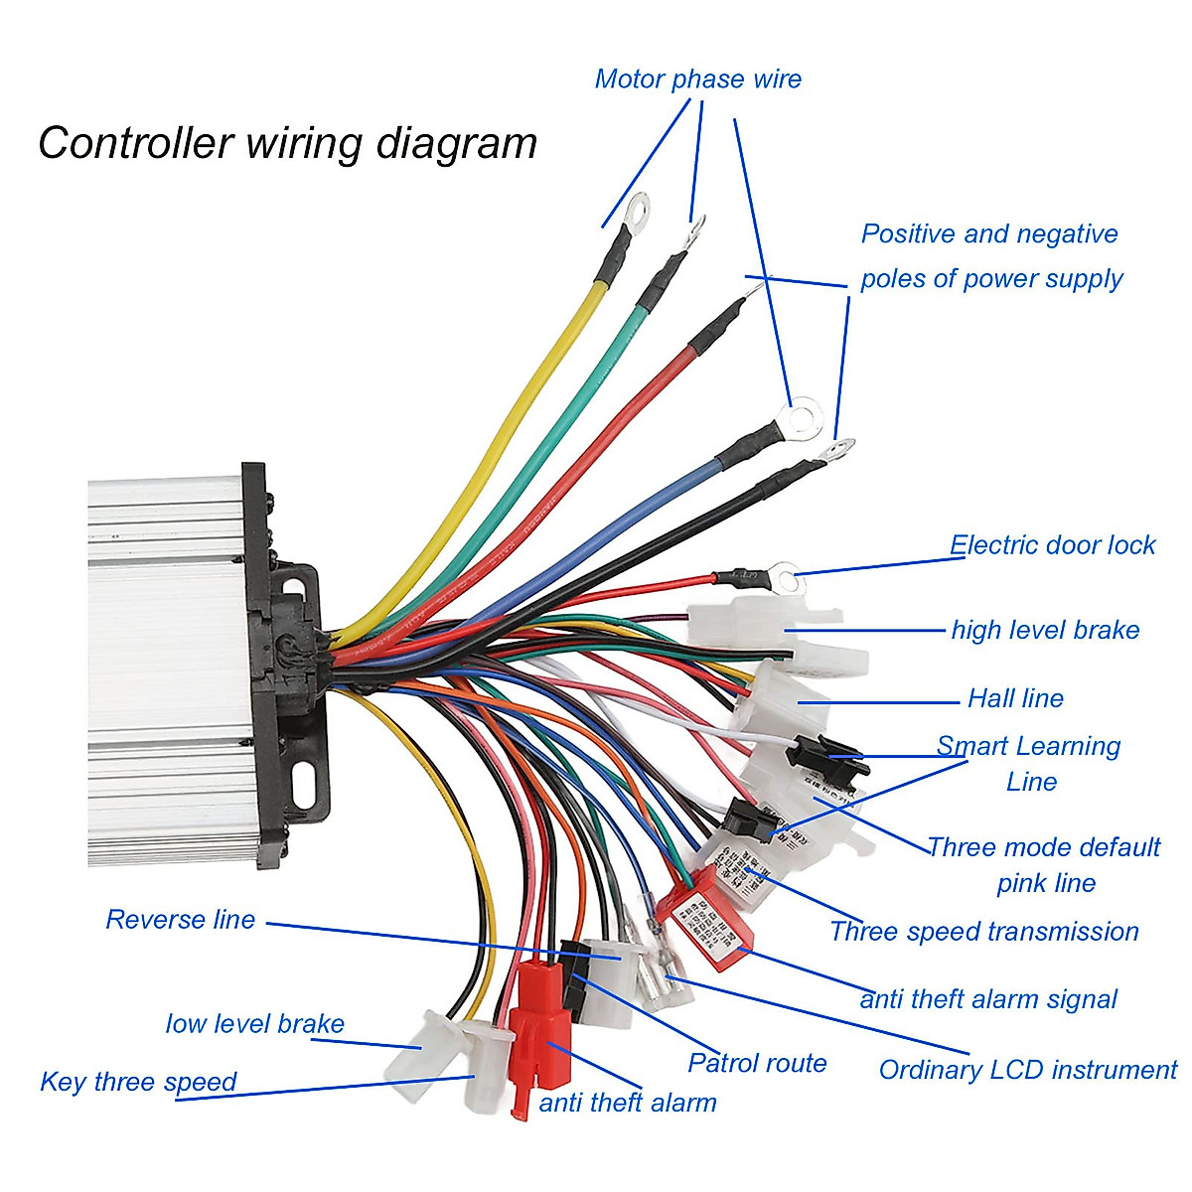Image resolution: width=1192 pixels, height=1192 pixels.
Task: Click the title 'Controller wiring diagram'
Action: coord(287,143)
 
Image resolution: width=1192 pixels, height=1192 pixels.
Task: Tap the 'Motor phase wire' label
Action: coord(697,79)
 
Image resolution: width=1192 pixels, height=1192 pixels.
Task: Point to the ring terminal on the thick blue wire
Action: coord(802,414)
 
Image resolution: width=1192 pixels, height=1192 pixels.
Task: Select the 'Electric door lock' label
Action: coord(1052,545)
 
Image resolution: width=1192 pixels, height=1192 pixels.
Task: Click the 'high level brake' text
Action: coord(1045,630)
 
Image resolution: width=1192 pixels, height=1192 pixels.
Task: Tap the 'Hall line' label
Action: coord(1015,698)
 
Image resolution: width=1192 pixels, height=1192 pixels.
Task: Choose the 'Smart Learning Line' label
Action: coord(1029,763)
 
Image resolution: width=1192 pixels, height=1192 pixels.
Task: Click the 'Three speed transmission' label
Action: coord(983,932)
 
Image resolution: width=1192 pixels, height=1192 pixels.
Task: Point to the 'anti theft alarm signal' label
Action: coord(988,999)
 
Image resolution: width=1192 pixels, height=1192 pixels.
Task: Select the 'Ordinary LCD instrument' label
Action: coord(1027,1070)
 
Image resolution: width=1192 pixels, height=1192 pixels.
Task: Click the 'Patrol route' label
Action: coord(757,1064)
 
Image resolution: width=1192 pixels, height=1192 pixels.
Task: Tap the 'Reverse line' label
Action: coord(181,920)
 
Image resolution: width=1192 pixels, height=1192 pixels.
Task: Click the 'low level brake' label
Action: coord(254,1024)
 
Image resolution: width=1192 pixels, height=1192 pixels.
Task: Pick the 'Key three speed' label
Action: coord(138,1082)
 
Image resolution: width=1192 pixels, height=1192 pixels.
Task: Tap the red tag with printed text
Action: coord(708,916)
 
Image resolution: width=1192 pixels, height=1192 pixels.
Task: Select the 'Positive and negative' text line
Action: coord(988,234)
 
